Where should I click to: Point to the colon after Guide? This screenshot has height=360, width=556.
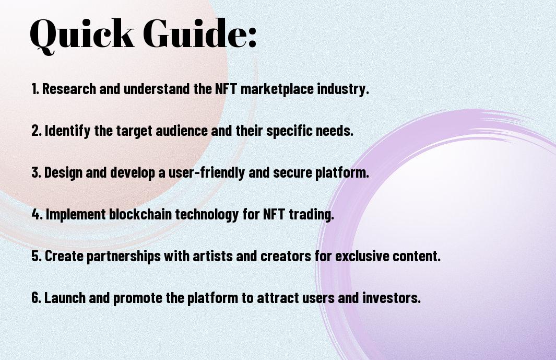point(252,37)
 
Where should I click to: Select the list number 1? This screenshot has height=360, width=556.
point(35,89)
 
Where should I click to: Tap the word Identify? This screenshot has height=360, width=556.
point(67,131)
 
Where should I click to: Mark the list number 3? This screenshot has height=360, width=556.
point(36,172)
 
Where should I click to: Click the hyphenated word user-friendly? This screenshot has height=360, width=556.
point(207,172)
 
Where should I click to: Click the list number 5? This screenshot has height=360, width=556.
point(37,256)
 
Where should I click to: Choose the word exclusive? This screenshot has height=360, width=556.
point(362,256)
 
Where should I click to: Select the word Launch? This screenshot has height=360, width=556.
point(65,297)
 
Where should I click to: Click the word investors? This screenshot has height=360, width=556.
point(392,298)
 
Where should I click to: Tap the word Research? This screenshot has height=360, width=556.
point(69,89)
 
